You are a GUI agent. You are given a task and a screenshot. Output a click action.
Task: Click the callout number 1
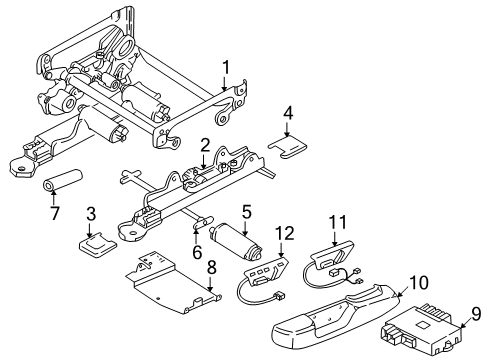(x=226, y=68)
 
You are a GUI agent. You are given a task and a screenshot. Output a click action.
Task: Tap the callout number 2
(x=205, y=147)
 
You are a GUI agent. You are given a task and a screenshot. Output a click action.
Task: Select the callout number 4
(x=288, y=113)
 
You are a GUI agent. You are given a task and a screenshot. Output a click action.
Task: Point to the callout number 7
(x=55, y=213)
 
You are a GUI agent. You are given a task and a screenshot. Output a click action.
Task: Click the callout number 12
(x=286, y=233)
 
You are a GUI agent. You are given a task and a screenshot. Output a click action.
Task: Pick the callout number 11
(x=338, y=222)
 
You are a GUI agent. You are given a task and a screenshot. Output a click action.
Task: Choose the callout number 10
(x=418, y=282)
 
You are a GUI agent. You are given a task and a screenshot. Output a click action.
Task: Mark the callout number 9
(x=476, y=314)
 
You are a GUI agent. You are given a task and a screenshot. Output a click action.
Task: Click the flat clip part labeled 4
(x=288, y=147)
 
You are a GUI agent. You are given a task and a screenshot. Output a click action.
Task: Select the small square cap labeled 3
(x=97, y=245)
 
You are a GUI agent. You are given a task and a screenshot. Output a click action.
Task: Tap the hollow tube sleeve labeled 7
(x=63, y=181)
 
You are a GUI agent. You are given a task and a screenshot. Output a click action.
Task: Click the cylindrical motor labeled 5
(x=236, y=243)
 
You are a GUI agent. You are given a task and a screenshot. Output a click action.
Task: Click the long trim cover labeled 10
(x=337, y=313)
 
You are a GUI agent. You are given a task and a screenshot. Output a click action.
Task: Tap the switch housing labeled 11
(x=332, y=254)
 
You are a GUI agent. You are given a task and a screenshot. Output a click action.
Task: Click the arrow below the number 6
(x=196, y=234)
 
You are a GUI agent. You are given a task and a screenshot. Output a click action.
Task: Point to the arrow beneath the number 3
(x=89, y=230)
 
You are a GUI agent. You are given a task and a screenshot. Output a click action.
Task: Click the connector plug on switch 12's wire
(x=281, y=296)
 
